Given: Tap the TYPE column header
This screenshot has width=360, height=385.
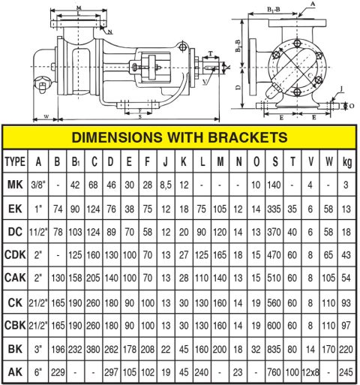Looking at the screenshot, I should (x=16, y=161).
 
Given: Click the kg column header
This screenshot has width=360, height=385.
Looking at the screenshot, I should (x=346, y=161).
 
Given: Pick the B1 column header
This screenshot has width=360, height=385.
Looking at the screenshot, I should (x=76, y=161).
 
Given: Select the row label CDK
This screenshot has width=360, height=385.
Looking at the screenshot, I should (x=16, y=255).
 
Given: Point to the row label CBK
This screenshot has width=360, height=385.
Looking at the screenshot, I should (x=16, y=325).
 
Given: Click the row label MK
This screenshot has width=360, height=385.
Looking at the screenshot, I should (x=16, y=185).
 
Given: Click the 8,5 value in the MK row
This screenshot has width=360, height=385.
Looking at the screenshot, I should (x=165, y=185).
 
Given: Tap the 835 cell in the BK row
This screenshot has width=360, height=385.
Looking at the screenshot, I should (x=274, y=349).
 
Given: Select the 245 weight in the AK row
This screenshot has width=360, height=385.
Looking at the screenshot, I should (x=346, y=372).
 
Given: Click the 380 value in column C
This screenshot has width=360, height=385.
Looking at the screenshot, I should (x=94, y=349).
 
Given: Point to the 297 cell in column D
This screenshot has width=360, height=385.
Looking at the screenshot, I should (x=112, y=372).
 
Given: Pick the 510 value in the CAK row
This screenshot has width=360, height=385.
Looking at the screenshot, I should (x=274, y=278).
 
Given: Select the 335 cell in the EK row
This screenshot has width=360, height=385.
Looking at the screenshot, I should (x=274, y=208).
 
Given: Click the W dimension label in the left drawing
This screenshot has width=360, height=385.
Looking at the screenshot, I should (x=46, y=116).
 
